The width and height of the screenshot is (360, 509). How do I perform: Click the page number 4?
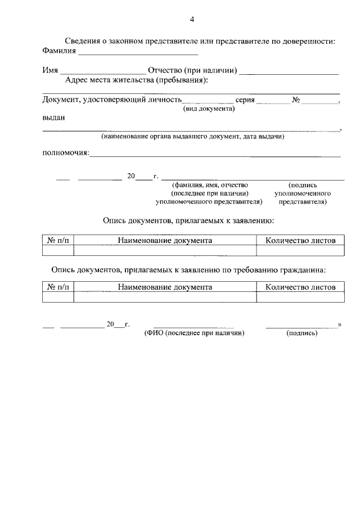[x=192, y=20]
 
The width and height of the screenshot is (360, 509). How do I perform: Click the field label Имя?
[x=51, y=70]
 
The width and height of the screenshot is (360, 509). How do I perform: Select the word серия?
[x=245, y=100]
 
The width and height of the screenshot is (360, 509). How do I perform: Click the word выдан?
[x=53, y=118]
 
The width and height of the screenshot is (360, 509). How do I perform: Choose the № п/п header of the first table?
[x=58, y=240]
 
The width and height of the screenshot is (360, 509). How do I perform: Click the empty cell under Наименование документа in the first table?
[x=165, y=250]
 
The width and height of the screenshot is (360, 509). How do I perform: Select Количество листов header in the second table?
[x=300, y=287]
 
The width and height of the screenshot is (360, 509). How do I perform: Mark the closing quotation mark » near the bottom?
[x=339, y=325]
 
